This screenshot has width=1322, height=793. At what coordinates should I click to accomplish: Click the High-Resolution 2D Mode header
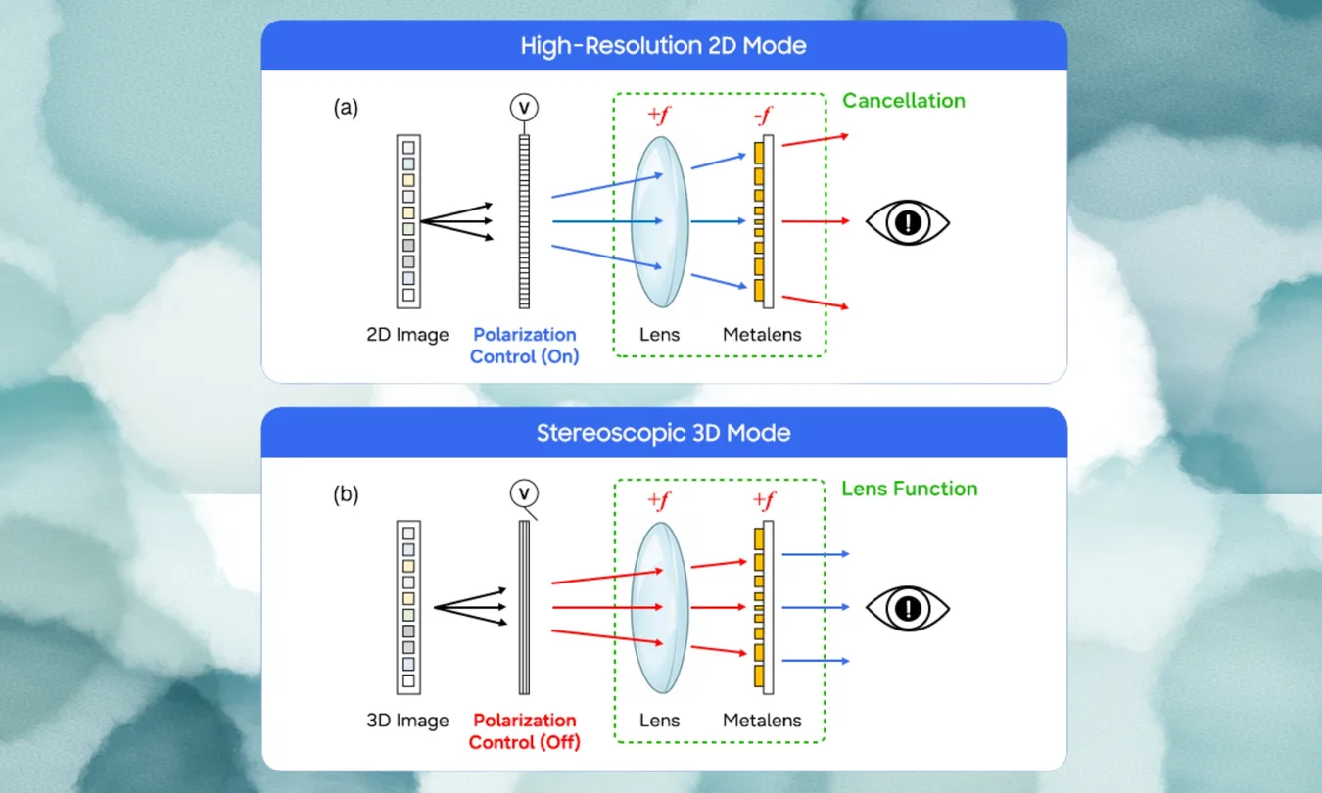click(663, 45)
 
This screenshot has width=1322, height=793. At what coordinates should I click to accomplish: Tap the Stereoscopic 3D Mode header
click(663, 432)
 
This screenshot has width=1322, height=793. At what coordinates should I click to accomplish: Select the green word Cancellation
click(903, 100)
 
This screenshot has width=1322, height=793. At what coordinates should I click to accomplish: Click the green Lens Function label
click(909, 488)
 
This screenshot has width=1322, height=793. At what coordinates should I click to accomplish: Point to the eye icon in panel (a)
click(908, 222)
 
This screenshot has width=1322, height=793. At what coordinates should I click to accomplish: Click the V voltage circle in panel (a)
click(525, 106)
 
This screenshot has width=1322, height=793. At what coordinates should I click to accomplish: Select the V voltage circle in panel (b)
click(525, 493)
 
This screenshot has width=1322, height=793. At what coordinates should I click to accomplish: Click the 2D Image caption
click(407, 335)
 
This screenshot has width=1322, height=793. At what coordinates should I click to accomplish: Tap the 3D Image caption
click(407, 721)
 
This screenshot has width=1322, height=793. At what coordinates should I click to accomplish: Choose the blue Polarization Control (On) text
click(524, 346)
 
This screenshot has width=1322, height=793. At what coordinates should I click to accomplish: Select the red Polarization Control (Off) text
click(524, 731)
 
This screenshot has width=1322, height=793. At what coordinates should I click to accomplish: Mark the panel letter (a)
click(346, 108)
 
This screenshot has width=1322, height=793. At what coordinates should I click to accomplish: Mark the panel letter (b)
click(346, 494)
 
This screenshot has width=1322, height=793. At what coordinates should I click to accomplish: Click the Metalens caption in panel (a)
click(762, 335)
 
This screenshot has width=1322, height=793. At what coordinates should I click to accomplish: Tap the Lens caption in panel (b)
click(659, 721)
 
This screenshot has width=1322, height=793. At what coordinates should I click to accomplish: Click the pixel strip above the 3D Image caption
click(408, 606)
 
